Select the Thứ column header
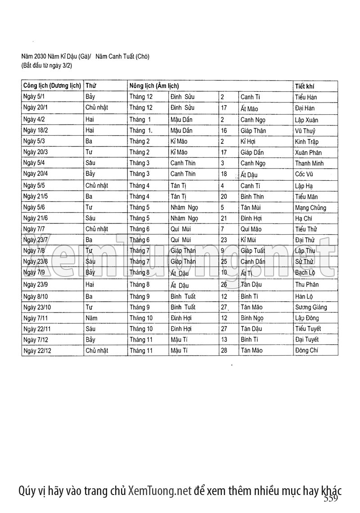coord(91,85)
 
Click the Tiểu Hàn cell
coord(307,97)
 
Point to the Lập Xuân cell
coord(307,120)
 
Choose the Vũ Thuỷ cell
coord(306,131)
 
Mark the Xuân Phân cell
coord(308,152)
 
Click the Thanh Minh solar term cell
coord(309,163)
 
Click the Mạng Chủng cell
coord(310,208)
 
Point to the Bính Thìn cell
coord(252,196)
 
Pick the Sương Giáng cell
coord(311,307)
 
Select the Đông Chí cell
coord(307,350)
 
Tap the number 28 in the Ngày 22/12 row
coord(224,350)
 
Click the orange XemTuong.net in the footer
coord(160,490)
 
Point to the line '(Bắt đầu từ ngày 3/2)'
coord(47,66)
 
